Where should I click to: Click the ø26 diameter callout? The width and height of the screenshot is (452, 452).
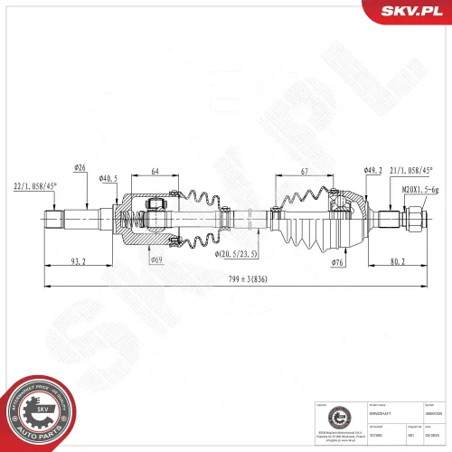[79, 167]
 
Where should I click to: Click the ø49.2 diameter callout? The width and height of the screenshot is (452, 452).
[372, 169]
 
